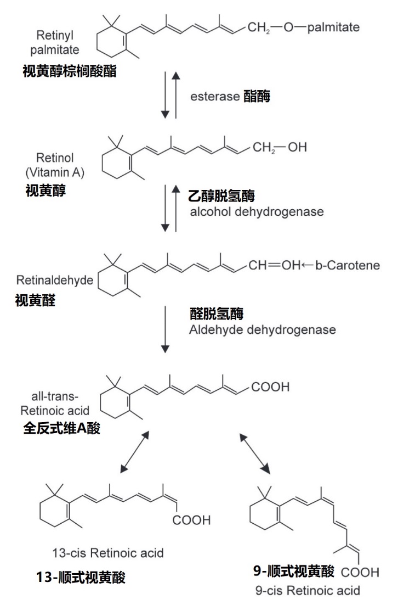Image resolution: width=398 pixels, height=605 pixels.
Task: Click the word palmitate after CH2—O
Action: point(334,26)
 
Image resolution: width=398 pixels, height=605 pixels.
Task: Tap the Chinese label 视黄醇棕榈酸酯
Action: point(69,72)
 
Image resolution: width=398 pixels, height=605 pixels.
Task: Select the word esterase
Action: point(214,97)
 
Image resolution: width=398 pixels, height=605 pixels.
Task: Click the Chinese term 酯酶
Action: point(257,97)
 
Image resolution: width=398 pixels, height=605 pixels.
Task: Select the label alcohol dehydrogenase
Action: point(256,211)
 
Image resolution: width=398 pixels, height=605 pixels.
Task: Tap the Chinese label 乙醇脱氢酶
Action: point(222,196)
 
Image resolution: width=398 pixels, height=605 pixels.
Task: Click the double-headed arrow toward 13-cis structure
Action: point(133,451)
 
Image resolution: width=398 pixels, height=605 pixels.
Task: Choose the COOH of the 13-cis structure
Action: point(191,520)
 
